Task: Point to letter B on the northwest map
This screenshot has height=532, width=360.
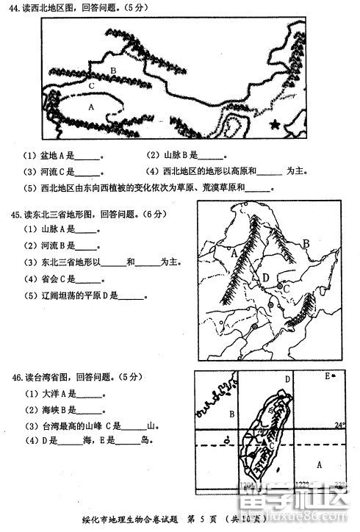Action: (113, 71)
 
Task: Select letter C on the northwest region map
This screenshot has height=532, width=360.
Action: (91, 86)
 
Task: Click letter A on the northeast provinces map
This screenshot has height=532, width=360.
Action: (234, 252)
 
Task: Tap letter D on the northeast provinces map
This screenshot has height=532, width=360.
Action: (266, 277)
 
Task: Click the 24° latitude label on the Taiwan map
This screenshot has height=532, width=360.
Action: (339, 425)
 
